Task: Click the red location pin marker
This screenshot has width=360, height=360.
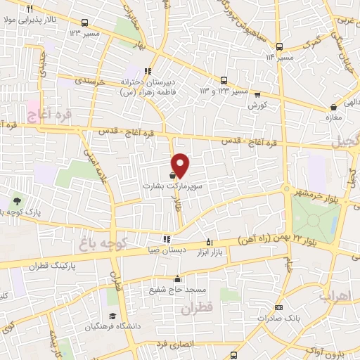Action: pyautogui.click(x=181, y=164)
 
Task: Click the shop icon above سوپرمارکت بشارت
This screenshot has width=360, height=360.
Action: pyautogui.click(x=173, y=176)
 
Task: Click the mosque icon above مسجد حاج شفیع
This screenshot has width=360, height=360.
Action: pyautogui.click(x=178, y=278)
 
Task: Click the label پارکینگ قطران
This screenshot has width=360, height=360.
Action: pyautogui.click(x=46, y=267)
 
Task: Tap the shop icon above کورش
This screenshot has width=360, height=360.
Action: pyautogui.click(x=257, y=94)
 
